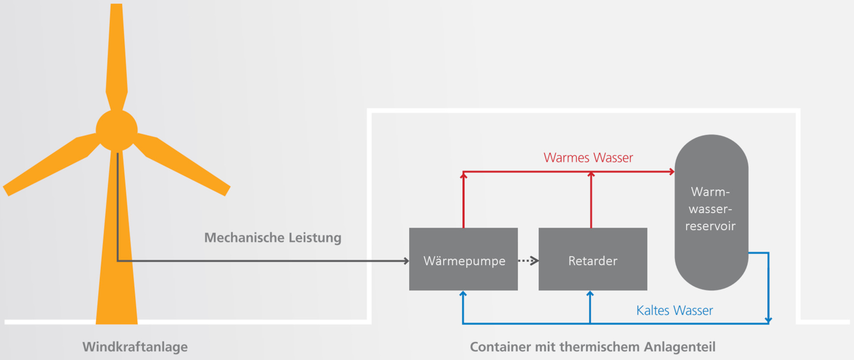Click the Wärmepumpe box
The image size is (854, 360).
coord(463,259)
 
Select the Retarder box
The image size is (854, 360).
coord(592,259)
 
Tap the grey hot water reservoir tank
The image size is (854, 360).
coord(711,212)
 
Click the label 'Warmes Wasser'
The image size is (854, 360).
coord(588,158)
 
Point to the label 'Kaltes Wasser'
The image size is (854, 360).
coord(674,310)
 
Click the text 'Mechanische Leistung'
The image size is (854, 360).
coord(273,238)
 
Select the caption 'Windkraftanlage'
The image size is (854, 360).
coord(135,347)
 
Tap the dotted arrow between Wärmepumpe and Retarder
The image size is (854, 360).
coord(528,261)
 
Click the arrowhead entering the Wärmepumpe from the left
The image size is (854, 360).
coord(406,261)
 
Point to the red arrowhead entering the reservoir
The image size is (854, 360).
coord(672,172)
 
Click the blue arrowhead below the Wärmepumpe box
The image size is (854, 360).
coord(463,294)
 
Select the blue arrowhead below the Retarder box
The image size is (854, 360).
coord(590,294)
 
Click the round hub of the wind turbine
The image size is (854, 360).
coord(117,130)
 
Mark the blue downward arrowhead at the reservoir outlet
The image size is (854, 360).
coord(768,320)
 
